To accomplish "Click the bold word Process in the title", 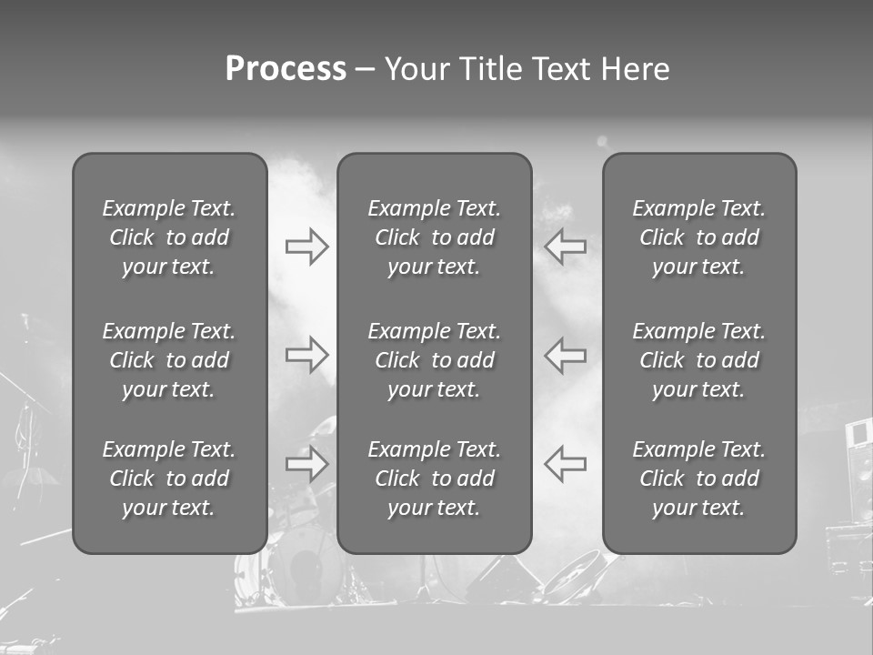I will (286, 69).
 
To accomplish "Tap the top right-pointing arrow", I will (306, 246).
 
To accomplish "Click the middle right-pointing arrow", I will (306, 355).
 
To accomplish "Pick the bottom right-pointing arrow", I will (306, 463).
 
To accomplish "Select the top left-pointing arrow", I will (566, 246).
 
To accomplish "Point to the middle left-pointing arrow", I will (566, 355).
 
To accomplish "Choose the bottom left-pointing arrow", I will (566, 463).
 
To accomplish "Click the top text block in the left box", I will (169, 237).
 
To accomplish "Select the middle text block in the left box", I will (169, 360).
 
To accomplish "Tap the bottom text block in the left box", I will (169, 479).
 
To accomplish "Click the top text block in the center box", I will (435, 237).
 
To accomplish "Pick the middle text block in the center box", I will (435, 360).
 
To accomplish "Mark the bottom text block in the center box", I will (435, 479).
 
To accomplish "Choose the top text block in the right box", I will (699, 237).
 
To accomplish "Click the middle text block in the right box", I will (699, 360).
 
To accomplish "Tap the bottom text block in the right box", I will (699, 479).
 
